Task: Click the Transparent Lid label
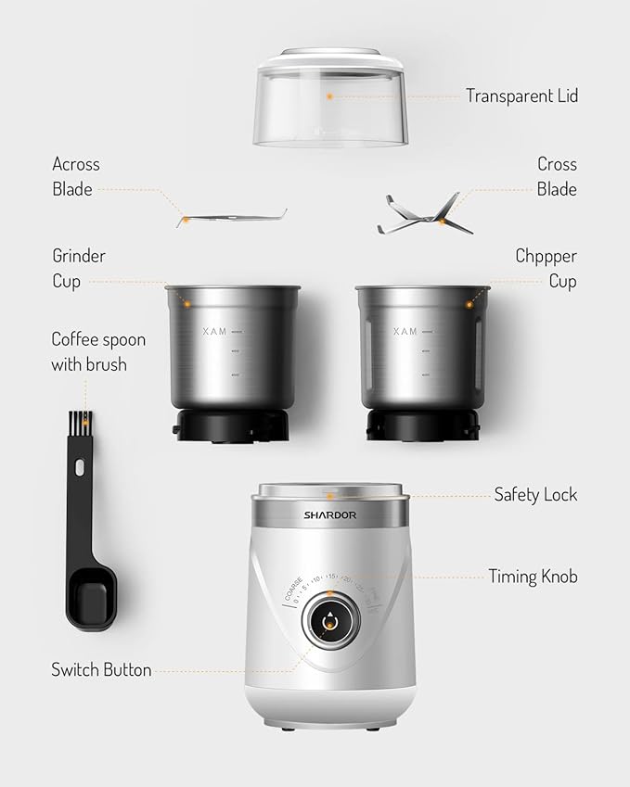click(521, 95)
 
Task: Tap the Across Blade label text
click(75, 176)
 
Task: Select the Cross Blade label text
click(557, 176)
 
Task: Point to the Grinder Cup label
click(78, 268)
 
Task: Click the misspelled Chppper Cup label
click(546, 268)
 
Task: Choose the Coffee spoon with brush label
click(97, 351)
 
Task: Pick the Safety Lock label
click(535, 494)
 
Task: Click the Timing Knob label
click(533, 577)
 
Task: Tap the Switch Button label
click(101, 669)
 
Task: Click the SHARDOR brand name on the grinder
click(329, 515)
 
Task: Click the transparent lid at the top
click(330, 102)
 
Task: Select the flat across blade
click(232, 217)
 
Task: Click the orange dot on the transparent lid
click(328, 95)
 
